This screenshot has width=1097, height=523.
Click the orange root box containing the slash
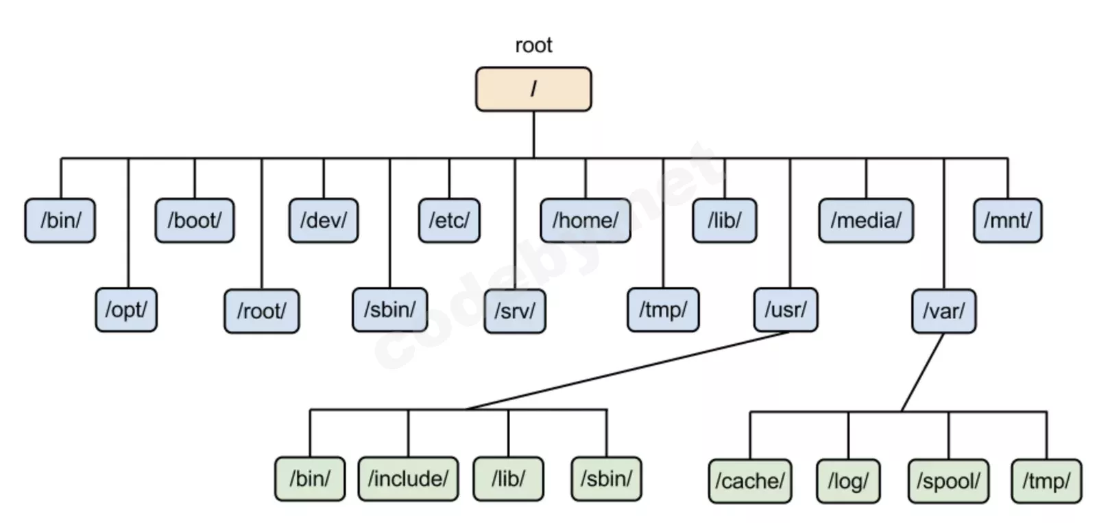pos(533,89)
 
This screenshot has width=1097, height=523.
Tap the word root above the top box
pos(533,45)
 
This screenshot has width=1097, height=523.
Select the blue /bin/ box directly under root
pos(60,220)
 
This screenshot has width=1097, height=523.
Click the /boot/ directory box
pos(195,220)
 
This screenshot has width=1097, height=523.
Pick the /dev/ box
pos(324,220)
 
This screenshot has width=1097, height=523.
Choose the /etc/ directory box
pos(449,220)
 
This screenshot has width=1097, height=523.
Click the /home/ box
pos(586,220)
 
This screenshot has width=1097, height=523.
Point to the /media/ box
pos(866,220)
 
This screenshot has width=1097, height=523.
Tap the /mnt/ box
pos(1007,220)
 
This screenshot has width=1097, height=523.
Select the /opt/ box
pos(126,310)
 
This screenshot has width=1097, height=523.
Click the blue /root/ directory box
pos(261,311)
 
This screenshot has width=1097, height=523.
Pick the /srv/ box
pos(515,311)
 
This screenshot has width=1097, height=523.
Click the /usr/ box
pos(786,310)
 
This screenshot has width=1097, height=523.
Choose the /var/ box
pos(943,311)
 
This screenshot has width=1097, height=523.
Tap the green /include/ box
pos(408,478)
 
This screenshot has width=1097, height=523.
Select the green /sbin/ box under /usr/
pos(606,478)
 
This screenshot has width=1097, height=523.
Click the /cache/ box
pos(750,481)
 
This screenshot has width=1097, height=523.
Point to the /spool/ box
pos(948,481)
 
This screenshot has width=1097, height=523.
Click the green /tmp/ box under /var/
pos(1046,481)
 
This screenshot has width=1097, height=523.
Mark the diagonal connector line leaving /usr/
pos(627,371)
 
